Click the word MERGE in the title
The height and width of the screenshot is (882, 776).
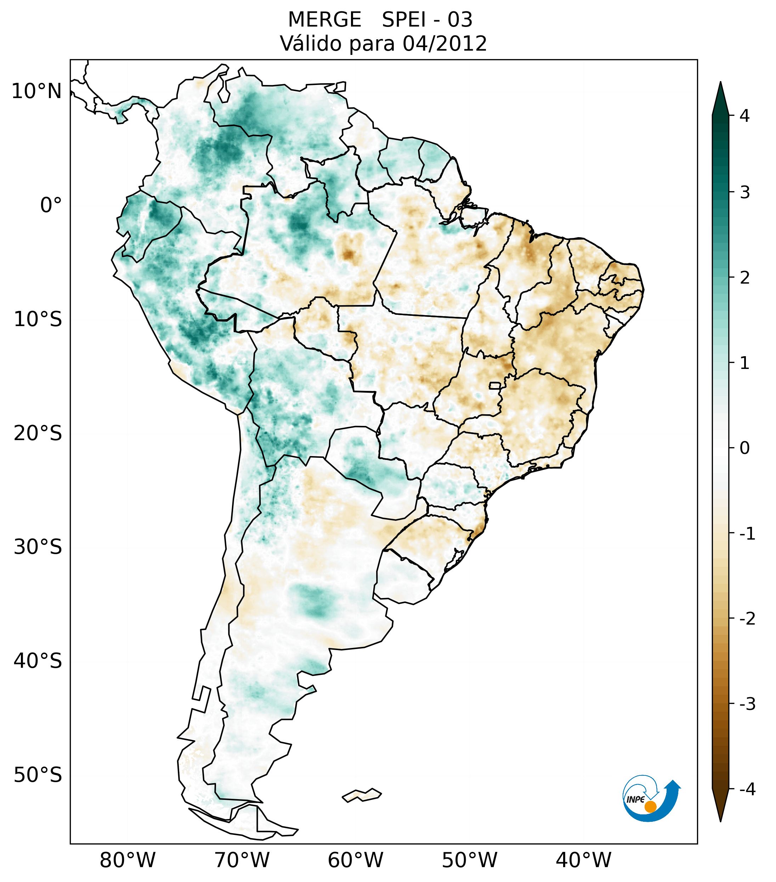(324, 20)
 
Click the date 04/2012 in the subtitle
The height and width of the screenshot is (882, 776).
(444, 44)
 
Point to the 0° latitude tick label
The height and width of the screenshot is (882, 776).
(51, 205)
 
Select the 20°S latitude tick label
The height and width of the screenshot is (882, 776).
(38, 433)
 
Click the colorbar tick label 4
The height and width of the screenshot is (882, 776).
(744, 116)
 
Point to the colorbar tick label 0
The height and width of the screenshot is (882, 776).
(744, 448)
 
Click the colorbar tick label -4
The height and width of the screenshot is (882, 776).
(747, 790)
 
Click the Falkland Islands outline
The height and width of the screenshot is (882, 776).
(362, 795)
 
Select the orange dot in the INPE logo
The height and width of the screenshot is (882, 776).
(650, 807)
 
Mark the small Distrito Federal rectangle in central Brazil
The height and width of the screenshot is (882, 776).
(495, 385)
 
